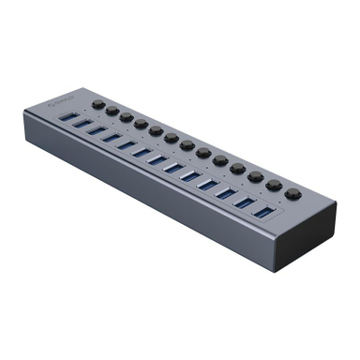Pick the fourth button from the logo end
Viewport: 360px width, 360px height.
coord(141,123)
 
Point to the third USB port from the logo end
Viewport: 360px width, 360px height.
coord(97,130)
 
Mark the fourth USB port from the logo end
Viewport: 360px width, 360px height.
coord(112,138)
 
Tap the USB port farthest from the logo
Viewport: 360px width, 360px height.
coord(262,213)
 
